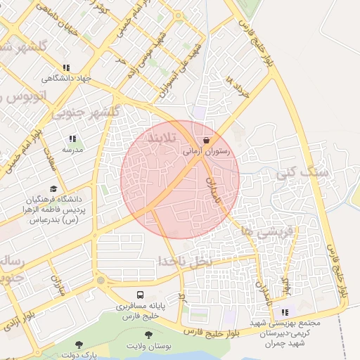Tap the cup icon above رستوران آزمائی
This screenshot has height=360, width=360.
point(206,140)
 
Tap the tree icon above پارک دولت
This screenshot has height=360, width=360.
point(78,345)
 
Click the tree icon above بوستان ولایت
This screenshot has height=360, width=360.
point(150,336)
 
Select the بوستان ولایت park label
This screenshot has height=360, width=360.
point(150,347)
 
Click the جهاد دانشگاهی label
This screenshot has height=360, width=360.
point(65,79)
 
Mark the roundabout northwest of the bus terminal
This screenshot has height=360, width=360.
point(101,281)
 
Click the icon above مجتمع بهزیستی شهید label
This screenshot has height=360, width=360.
point(285,313)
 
